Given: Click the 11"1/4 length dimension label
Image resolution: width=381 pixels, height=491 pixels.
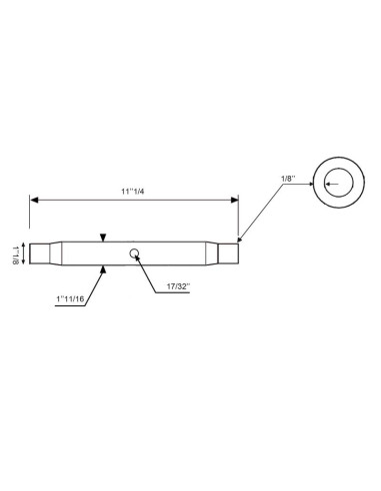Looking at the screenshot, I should click(133, 192).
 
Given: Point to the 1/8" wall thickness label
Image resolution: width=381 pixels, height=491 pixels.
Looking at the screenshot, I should click(290, 179).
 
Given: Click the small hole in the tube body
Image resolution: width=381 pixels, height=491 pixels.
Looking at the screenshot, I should click(133, 252).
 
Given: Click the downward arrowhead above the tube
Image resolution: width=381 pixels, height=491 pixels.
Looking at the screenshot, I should click(103, 238).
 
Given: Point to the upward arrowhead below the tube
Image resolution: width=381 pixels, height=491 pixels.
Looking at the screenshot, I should click(103, 268).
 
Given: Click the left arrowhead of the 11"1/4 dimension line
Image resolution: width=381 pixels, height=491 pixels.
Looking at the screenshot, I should click(34, 201).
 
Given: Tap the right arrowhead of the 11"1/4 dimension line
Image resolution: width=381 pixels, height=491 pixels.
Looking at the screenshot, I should click(234, 201).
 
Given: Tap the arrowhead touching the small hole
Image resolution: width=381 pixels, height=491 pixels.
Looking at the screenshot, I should click(137, 257).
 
